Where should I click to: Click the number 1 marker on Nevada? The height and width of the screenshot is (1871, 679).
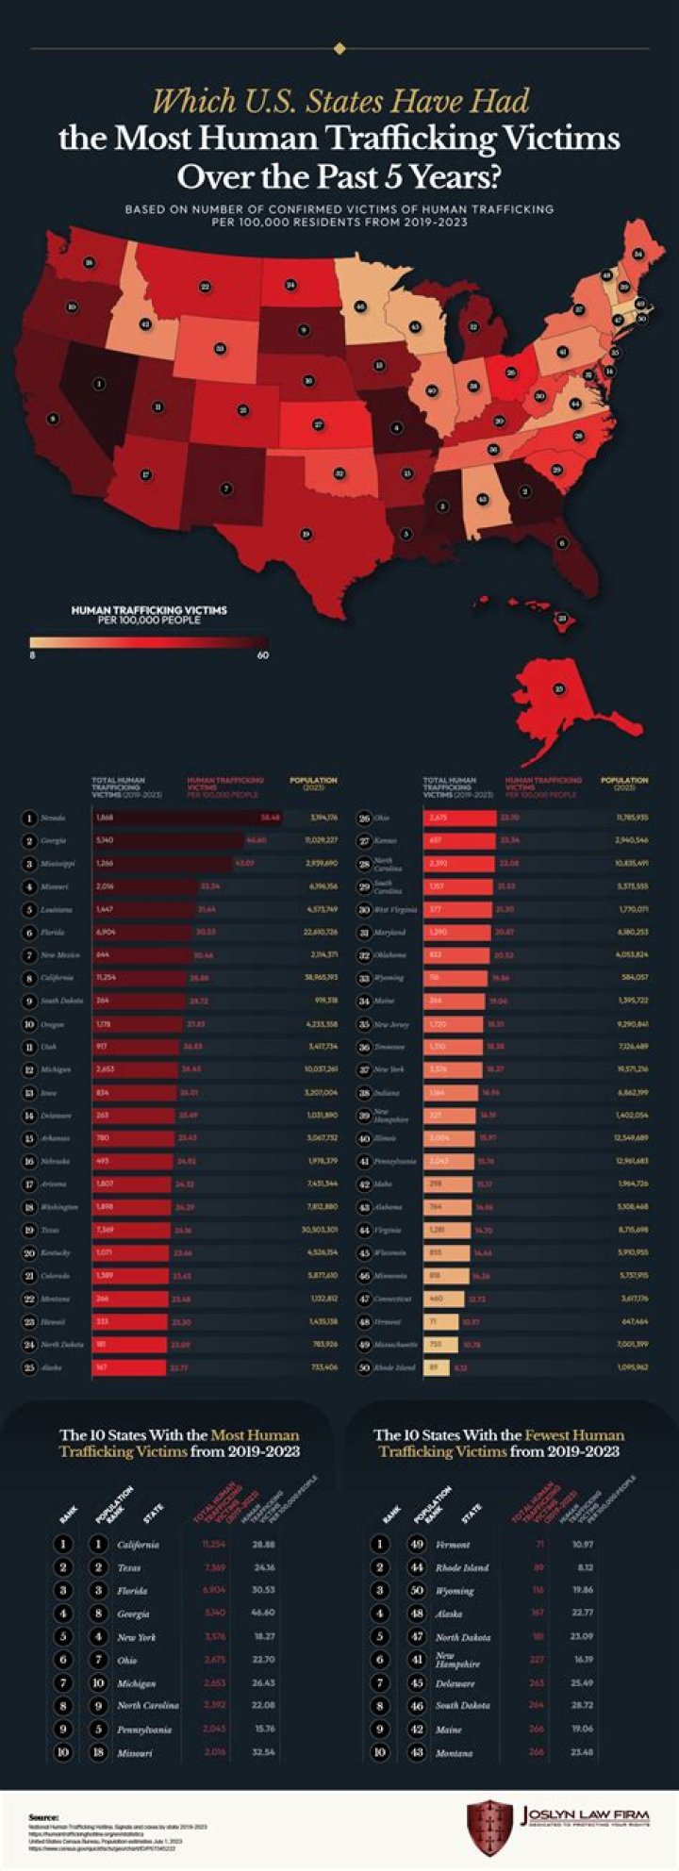click(97, 384)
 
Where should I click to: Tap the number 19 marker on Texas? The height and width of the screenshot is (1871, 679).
click(306, 534)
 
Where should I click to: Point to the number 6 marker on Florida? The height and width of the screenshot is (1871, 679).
click(562, 542)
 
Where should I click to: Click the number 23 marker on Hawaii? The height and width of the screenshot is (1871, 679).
click(562, 619)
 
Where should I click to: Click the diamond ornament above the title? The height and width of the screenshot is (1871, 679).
click(339, 48)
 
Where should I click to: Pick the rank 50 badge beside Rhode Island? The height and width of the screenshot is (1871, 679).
click(365, 1366)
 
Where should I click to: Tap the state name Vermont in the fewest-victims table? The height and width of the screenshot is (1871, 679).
click(454, 1545)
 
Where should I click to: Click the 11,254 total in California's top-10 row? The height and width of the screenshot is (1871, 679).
click(216, 1545)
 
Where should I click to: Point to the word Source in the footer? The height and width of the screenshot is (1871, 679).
click(44, 1816)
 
